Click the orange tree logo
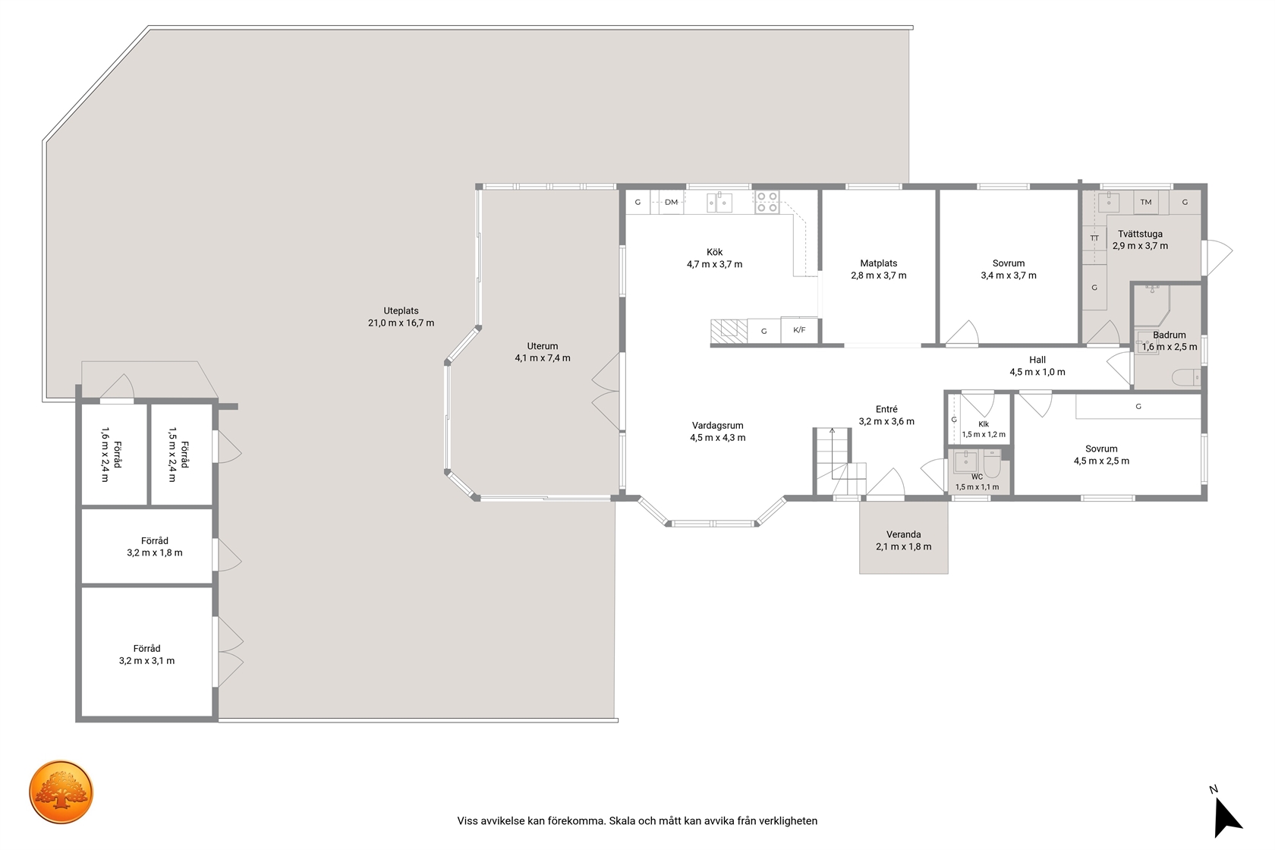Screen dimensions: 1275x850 (61, 792)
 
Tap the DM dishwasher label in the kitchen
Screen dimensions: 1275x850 (671, 202)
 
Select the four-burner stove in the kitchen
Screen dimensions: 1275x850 (767, 202)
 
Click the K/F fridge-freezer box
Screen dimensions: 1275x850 (799, 329)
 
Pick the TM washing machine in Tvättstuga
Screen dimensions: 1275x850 (1146, 202)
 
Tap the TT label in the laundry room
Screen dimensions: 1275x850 (1094, 238)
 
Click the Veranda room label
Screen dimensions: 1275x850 (903, 534)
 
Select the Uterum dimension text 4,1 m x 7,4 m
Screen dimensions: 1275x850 (543, 358)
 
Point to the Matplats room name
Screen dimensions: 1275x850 (878, 263)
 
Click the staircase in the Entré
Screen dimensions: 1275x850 (839, 461)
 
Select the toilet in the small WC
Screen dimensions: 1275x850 (992, 464)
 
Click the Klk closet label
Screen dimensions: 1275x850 (984, 424)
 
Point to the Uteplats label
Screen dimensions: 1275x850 (401, 311)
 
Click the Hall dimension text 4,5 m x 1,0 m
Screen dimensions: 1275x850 (1037, 372)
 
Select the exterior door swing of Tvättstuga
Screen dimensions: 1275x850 (1218, 257)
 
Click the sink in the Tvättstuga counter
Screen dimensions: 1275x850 (1108, 202)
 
